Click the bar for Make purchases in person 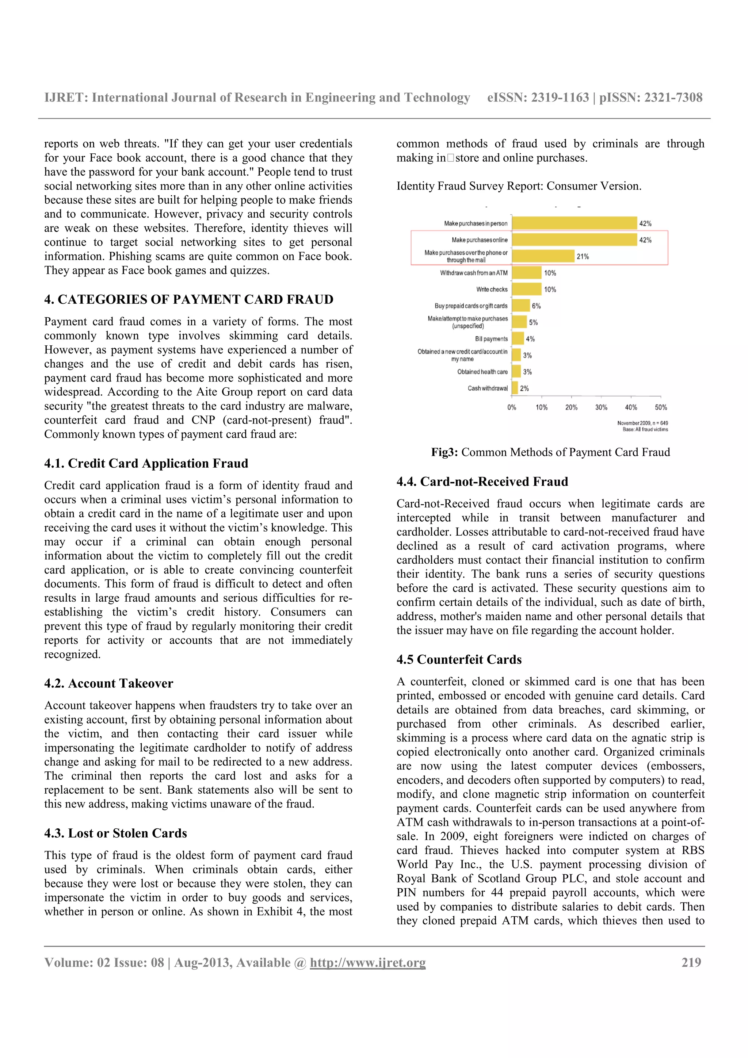click(574, 223)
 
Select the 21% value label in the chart click(583, 257)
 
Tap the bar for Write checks click(526, 290)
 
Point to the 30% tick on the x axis click(601, 407)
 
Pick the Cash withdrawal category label click(487, 388)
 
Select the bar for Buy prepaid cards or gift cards click(521, 306)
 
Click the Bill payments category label click(491, 339)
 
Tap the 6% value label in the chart click(536, 306)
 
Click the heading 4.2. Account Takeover click(109, 683)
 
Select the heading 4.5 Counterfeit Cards click(459, 659)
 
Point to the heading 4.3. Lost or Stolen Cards click(116, 833)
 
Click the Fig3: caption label click(444, 452)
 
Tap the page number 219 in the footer click(691, 963)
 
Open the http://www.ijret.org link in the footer click(368, 963)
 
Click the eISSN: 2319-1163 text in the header click(538, 98)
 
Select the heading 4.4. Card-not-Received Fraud click(482, 482)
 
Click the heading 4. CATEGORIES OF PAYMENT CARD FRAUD click(189, 299)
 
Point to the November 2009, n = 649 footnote click(642, 423)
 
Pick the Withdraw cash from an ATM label click(473, 273)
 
